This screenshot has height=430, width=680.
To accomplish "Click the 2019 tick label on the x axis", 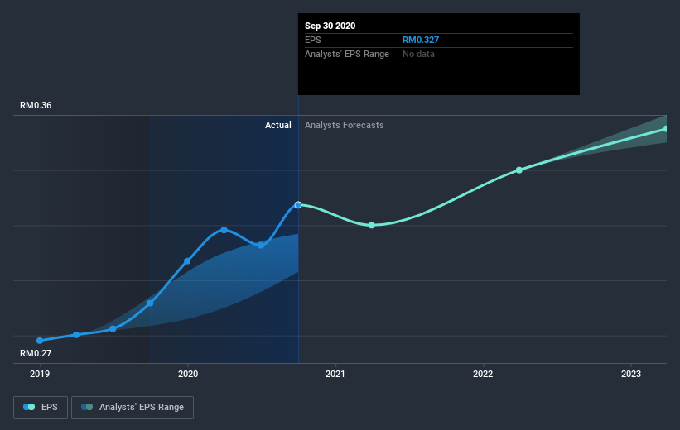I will click(x=40, y=374).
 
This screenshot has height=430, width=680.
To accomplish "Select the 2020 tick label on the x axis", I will click(x=188, y=374).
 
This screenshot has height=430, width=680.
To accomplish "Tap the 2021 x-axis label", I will click(x=335, y=374).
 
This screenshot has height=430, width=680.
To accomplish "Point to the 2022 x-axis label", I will click(x=483, y=374).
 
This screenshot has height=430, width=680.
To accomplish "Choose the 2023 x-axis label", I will click(x=631, y=374).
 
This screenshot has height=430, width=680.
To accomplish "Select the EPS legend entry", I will click(x=41, y=408).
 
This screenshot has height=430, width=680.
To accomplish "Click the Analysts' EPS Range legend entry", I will click(x=133, y=408).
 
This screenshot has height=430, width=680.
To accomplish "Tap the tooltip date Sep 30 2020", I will click(x=330, y=26).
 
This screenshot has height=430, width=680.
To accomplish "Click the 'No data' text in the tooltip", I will click(x=418, y=54).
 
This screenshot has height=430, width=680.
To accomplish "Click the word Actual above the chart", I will click(x=278, y=125).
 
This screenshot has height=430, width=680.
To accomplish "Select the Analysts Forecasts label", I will click(x=344, y=125).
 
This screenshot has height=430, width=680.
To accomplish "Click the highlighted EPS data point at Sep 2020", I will click(x=298, y=204).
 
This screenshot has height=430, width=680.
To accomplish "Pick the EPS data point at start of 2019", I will click(x=40, y=341).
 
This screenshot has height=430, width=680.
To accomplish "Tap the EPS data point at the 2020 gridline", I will click(x=187, y=261).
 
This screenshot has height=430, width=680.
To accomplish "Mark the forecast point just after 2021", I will click(x=372, y=225).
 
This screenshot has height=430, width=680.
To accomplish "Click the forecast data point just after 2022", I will click(x=519, y=170).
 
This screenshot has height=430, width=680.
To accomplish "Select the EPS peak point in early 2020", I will click(x=224, y=230).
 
